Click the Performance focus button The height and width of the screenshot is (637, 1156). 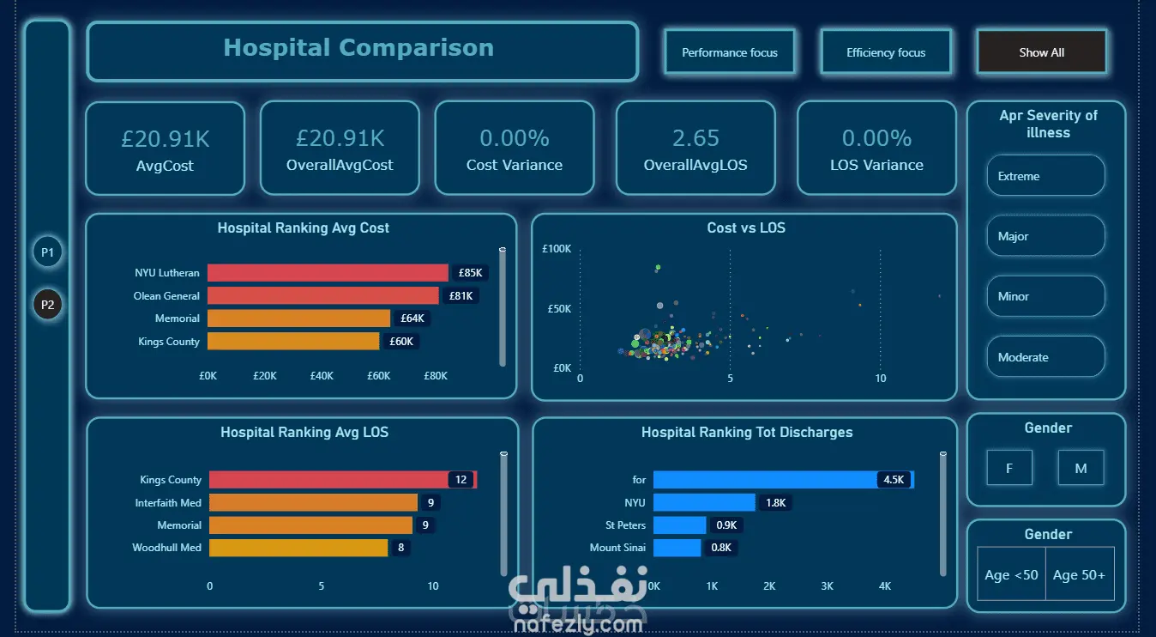pyautogui.click(x=729, y=52)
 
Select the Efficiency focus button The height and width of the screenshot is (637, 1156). pyautogui.click(x=886, y=52)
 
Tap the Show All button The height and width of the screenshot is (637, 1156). pyautogui.click(x=1041, y=52)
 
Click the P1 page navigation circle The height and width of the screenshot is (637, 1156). pyautogui.click(x=47, y=252)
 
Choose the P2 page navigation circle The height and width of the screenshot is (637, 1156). pyautogui.click(x=47, y=304)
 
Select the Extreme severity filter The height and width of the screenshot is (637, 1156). pyautogui.click(x=1045, y=176)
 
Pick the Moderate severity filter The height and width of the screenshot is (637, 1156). pyautogui.click(x=1045, y=357)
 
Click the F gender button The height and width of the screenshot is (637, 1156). pyautogui.click(x=1008, y=468)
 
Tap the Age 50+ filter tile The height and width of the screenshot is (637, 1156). pyautogui.click(x=1079, y=574)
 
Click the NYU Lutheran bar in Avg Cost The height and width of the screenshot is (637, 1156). pyautogui.click(x=328, y=272)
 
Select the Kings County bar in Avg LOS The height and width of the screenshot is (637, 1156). pyautogui.click(x=343, y=479)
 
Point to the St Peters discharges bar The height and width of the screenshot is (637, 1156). pyautogui.click(x=679, y=525)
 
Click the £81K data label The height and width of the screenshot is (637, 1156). pyautogui.click(x=461, y=296)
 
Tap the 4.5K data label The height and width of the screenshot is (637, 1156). pyautogui.click(x=894, y=479)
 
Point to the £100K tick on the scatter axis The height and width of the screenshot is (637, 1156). pyautogui.click(x=557, y=248)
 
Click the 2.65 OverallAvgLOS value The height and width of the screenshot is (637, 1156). pyautogui.click(x=695, y=138)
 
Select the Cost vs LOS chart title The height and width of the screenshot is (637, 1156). pyautogui.click(x=746, y=227)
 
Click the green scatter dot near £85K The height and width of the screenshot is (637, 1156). pyautogui.click(x=658, y=268)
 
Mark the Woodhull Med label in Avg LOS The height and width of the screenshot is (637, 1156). pyautogui.click(x=166, y=548)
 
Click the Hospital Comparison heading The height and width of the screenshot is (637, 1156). pyautogui.click(x=358, y=47)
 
